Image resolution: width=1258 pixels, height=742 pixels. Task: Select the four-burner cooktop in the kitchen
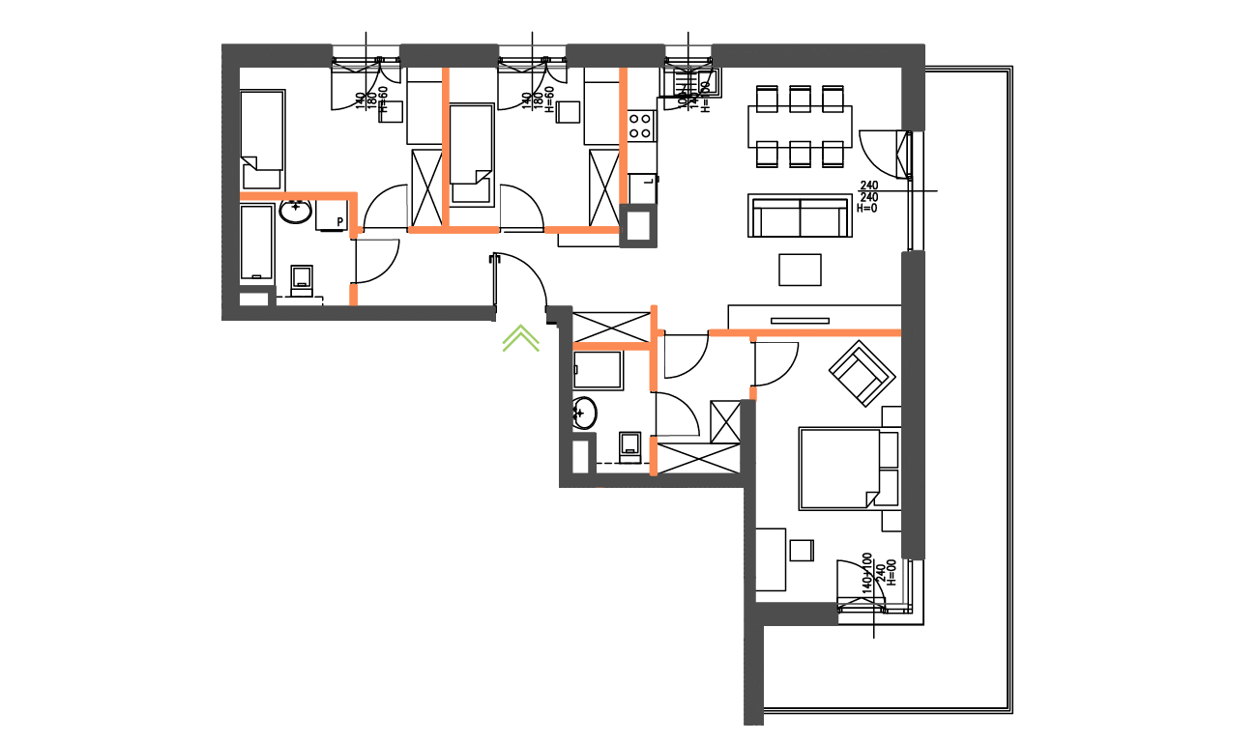pyautogui.click(x=640, y=125)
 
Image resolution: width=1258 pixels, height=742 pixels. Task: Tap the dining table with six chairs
pyautogui.click(x=800, y=126)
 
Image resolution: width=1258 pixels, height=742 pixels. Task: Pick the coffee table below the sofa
pyautogui.click(x=800, y=270)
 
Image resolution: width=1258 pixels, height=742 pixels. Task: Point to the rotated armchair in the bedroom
pyautogui.click(x=859, y=372)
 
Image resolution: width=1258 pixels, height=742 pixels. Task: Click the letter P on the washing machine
pyautogui.click(x=339, y=222)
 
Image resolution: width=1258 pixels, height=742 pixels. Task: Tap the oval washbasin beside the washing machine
pyautogui.click(x=295, y=211)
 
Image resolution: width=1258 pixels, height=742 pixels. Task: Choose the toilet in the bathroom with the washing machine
pyautogui.click(x=302, y=279)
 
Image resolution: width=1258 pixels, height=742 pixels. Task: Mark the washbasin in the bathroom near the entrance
pyautogui.click(x=584, y=413)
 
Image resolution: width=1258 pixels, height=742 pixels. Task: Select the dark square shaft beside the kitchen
pyautogui.click(x=638, y=227)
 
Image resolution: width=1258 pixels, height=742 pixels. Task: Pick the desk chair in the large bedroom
pyautogui.click(x=802, y=550)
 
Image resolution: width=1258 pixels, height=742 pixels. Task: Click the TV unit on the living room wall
pyautogui.click(x=800, y=320)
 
